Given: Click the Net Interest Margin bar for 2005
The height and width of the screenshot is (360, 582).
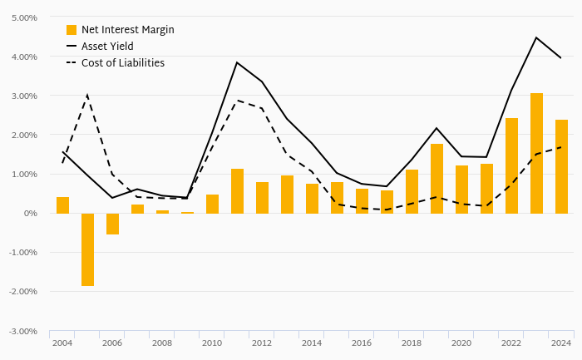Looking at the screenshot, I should (x=87, y=249).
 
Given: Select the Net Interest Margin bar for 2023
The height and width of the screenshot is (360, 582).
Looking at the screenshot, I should (x=536, y=153).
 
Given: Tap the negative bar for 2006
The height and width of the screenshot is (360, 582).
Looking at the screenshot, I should (x=112, y=224).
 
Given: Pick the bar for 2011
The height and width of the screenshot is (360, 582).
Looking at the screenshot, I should (x=237, y=190).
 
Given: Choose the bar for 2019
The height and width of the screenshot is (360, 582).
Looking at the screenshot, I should (x=436, y=179).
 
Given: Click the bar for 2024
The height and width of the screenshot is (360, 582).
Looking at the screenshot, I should (x=561, y=166).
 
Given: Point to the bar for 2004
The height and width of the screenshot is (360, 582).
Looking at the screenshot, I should (x=62, y=205).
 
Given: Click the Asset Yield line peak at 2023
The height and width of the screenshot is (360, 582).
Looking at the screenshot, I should (x=536, y=37).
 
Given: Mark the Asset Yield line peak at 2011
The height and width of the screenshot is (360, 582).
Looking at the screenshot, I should (x=237, y=62).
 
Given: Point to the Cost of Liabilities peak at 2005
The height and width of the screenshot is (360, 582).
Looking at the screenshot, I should (x=87, y=95).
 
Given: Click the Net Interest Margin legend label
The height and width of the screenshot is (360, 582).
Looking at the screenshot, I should (x=127, y=30).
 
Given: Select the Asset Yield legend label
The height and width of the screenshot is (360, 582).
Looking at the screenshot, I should (x=107, y=47).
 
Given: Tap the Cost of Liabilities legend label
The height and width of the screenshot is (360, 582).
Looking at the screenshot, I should (x=123, y=63).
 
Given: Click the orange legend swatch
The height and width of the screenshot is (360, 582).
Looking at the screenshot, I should (x=72, y=30).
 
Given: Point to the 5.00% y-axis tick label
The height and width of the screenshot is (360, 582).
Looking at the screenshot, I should (x=23, y=17).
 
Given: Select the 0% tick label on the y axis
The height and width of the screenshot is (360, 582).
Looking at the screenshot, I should (x=31, y=214).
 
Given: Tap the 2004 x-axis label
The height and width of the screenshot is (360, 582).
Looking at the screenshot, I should (x=62, y=343).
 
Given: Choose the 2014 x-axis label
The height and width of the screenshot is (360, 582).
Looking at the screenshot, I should (x=312, y=343).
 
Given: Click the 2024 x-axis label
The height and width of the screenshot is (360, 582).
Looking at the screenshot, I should (x=561, y=343).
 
